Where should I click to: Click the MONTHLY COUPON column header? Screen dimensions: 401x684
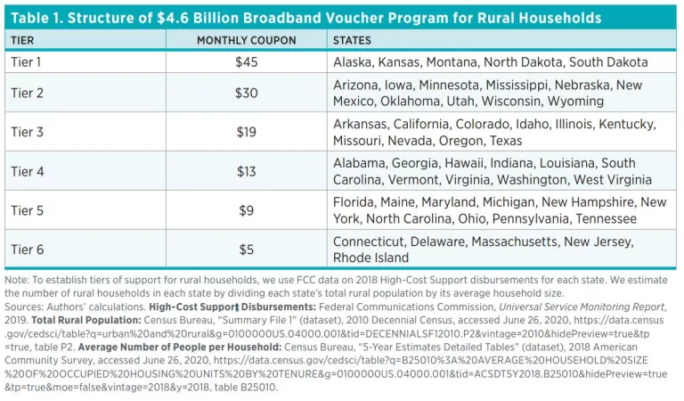[245, 41]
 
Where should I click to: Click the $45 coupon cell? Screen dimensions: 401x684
[245, 63]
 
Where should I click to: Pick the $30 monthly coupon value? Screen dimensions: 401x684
[245, 93]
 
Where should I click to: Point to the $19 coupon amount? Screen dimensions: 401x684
[245, 132]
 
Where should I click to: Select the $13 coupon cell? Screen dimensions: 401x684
[245, 171]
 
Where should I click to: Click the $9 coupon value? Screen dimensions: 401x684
[245, 210]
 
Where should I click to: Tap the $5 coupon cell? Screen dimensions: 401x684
[245, 250]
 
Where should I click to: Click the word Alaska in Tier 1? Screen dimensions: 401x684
[353, 63]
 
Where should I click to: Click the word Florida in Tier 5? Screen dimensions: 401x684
[354, 202]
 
